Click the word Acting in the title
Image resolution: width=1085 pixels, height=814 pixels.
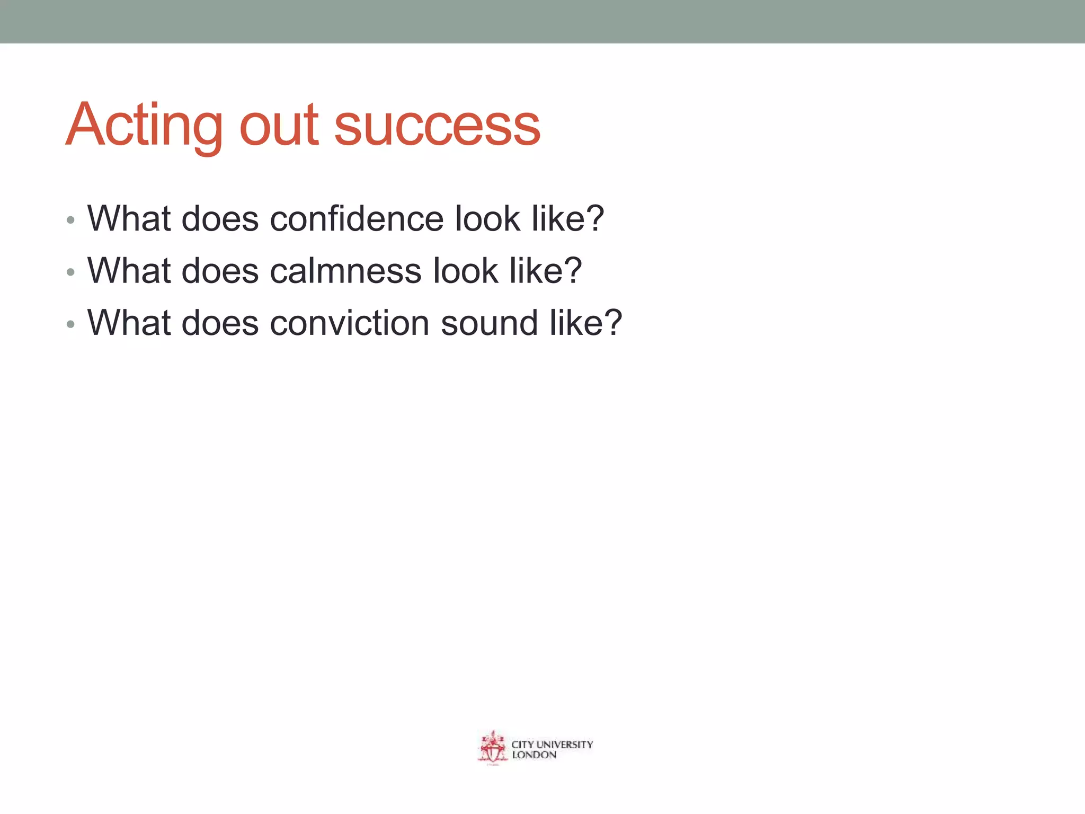click(144, 126)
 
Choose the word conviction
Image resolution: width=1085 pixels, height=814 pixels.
click(350, 323)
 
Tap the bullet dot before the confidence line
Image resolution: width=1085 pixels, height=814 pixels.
click(70, 220)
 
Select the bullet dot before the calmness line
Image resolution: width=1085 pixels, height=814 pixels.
click(70, 273)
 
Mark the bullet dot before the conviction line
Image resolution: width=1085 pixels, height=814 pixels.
click(70, 325)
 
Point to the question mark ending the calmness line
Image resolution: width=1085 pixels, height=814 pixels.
click(573, 270)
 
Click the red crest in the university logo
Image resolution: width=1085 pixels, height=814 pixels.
click(493, 748)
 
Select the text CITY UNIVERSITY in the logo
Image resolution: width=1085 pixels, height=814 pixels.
click(552, 744)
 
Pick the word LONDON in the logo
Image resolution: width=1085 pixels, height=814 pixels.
click(534, 755)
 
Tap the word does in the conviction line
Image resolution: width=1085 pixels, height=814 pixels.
click(220, 323)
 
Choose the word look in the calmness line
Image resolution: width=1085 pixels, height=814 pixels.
click(465, 271)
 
